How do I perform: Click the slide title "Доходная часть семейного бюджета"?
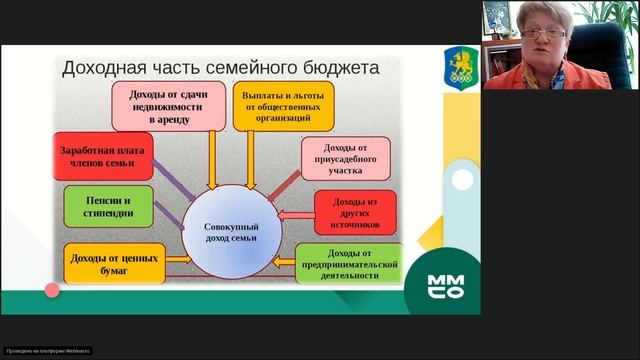220,68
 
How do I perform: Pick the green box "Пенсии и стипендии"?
109,206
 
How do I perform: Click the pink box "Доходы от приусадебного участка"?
344,157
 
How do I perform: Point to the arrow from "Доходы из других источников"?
297,214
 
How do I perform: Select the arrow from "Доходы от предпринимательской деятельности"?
283,264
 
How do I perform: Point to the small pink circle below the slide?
52,290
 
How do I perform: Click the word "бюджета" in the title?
332,68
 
